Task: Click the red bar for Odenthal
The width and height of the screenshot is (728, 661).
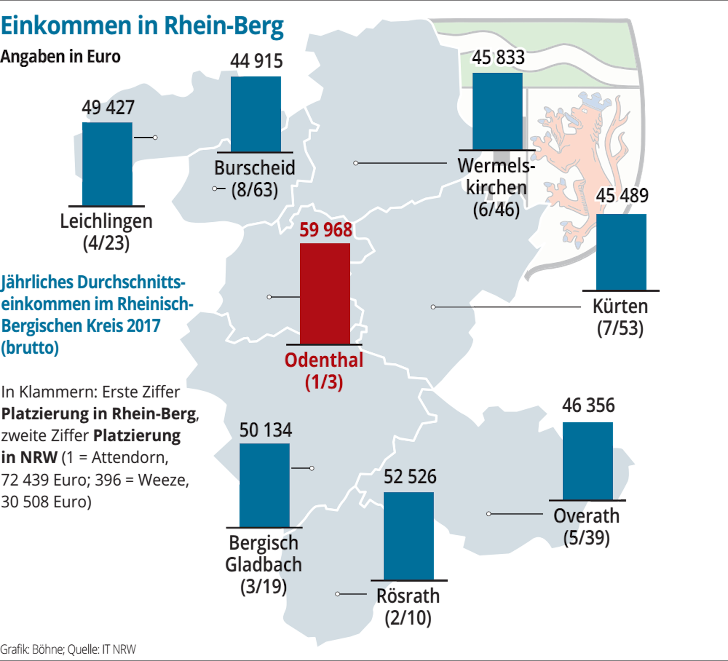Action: pos(325,293)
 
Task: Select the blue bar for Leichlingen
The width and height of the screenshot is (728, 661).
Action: pos(107,164)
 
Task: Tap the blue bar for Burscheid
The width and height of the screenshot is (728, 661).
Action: pos(256,114)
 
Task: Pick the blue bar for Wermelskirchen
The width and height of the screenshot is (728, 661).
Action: pos(497,111)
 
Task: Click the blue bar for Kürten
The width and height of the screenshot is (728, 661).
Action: pos(621,252)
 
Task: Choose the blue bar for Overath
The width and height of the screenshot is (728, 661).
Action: pos(587,461)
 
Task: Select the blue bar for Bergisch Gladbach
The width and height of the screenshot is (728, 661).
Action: pos(264,485)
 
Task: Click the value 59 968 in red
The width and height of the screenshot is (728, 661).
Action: pos(326,230)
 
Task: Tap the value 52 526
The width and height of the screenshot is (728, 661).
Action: pos(410,476)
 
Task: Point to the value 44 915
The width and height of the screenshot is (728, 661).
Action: pos(256,61)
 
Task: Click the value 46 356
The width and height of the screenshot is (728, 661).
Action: pos(588,405)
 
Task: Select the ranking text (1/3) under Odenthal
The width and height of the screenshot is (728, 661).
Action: pos(324,382)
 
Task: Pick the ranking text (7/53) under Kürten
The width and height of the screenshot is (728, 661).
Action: pos(620,328)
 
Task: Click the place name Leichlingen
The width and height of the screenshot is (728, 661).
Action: pos(106,221)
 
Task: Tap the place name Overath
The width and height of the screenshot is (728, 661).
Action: pos(587,516)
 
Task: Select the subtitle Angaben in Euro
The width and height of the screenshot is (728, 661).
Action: pos(60,57)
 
